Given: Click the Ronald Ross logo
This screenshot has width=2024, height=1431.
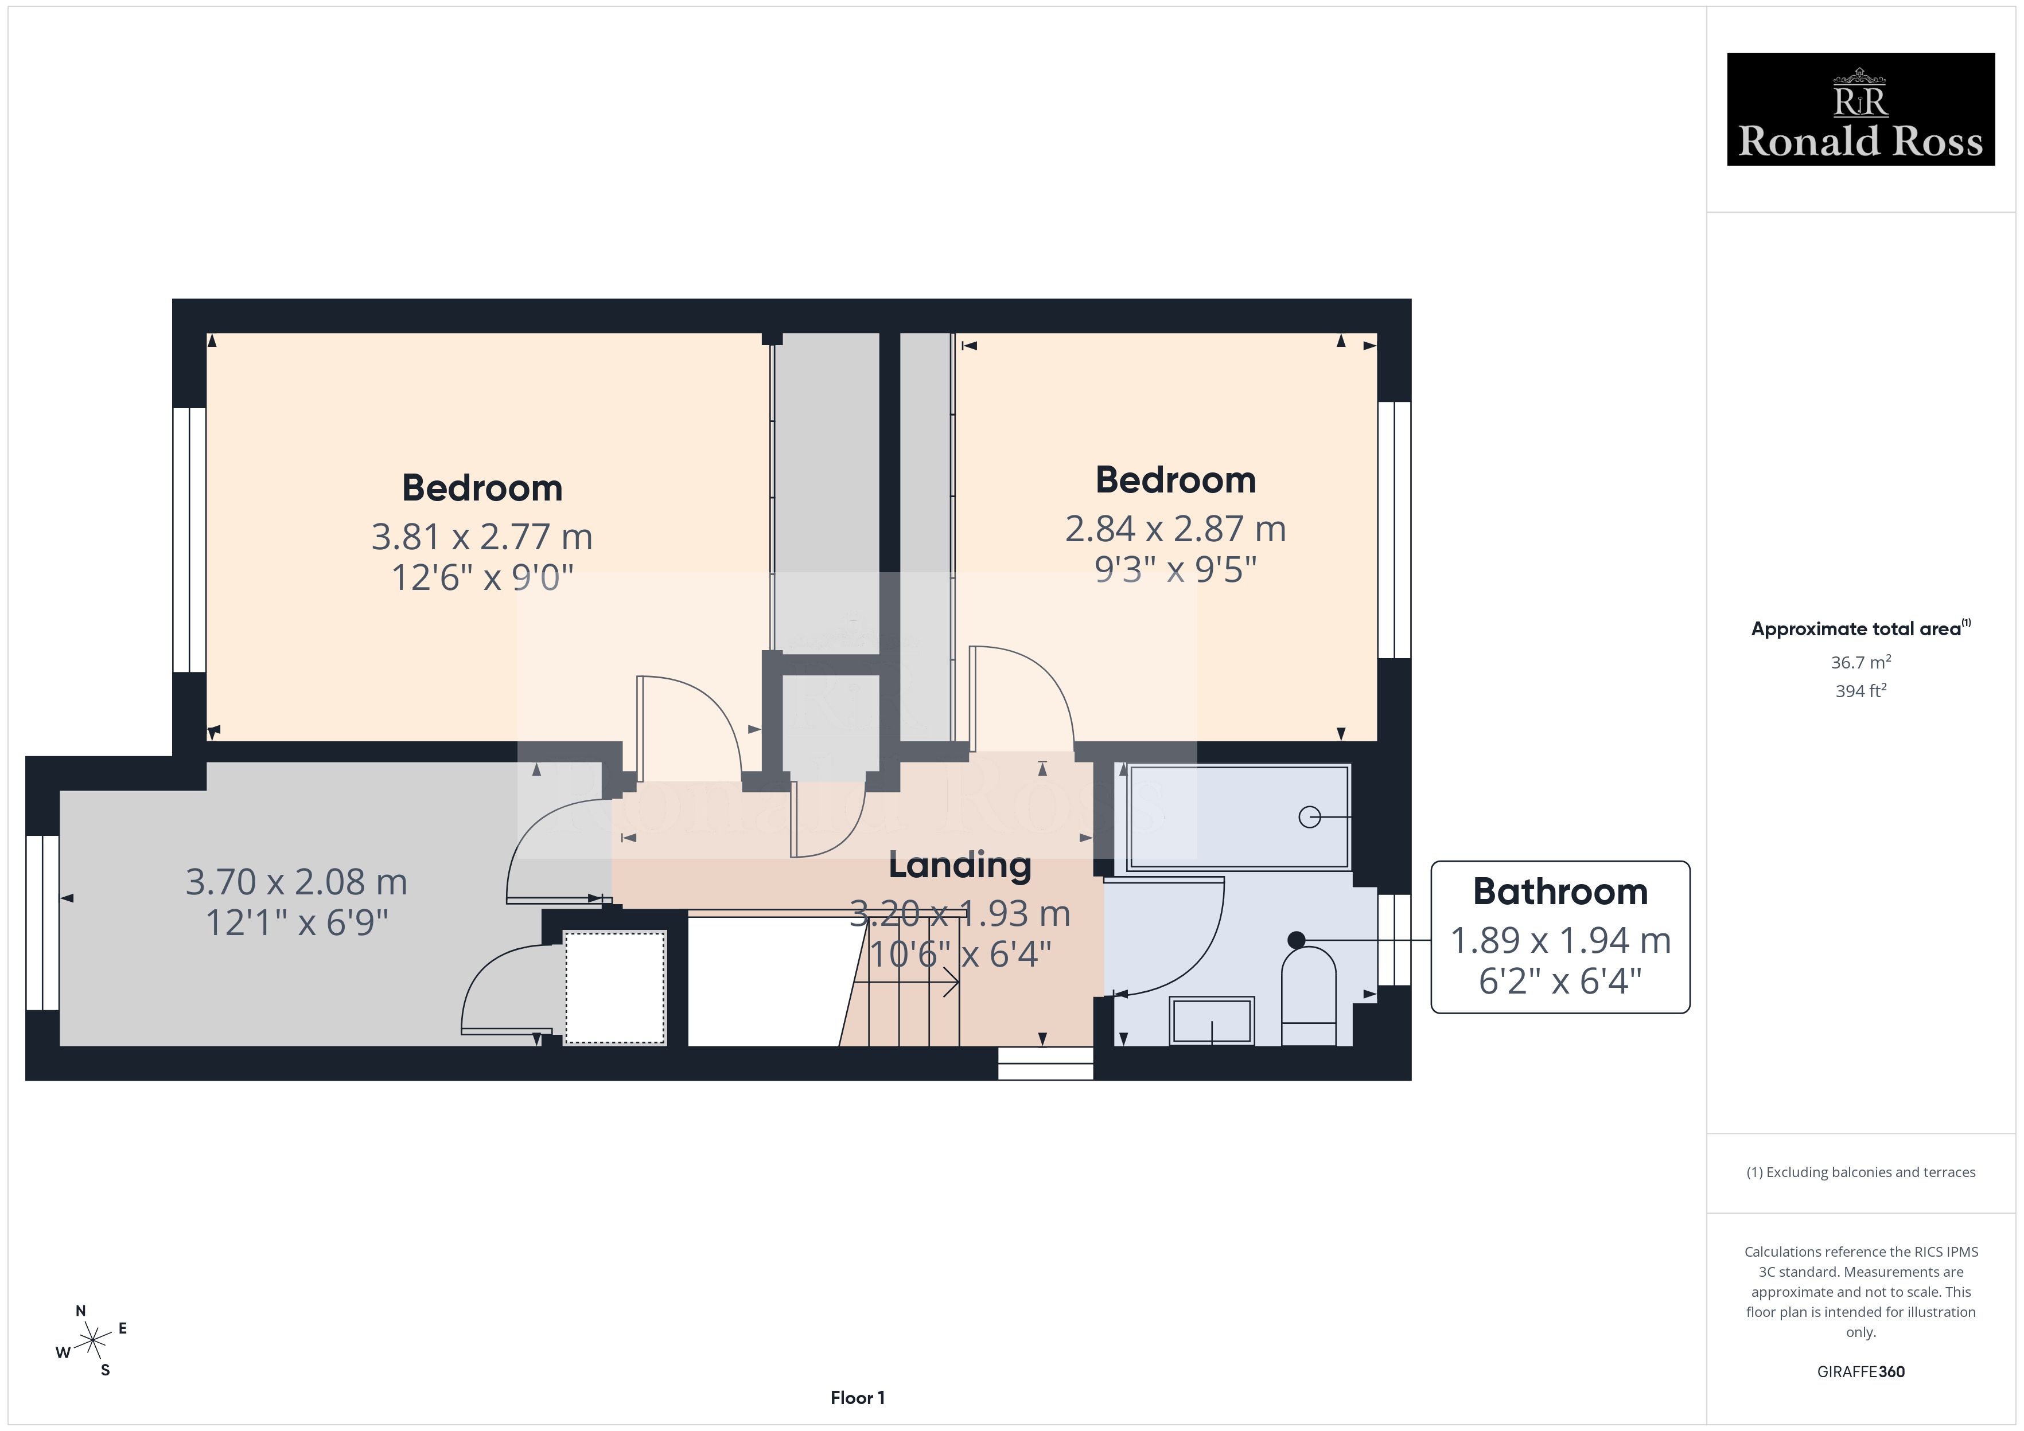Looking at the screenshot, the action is [1860, 110].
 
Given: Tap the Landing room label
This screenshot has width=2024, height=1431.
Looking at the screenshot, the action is [960, 865].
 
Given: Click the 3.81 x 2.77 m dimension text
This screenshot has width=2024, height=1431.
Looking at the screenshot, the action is [481, 537].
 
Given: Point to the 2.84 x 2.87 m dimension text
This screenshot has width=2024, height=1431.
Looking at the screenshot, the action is [1175, 529].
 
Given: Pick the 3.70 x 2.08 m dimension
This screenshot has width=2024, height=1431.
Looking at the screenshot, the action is [296, 881].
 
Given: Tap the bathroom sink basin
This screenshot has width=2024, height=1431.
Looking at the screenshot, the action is [1212, 1021].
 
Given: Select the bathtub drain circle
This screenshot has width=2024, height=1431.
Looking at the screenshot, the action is [1310, 818].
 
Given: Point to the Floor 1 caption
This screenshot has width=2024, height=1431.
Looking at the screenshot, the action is [857, 1398].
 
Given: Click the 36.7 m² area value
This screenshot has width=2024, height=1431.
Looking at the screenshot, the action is [1861, 662].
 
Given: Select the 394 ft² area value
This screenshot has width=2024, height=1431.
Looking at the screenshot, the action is [1861, 691].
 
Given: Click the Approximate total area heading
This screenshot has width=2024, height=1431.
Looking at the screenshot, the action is [1860, 628].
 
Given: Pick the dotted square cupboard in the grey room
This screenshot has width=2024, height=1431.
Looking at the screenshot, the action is [614, 988].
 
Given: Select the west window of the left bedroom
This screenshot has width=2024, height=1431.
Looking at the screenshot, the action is [189, 540].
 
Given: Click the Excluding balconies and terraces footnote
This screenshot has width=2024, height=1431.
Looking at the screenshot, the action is [1861, 1172].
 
